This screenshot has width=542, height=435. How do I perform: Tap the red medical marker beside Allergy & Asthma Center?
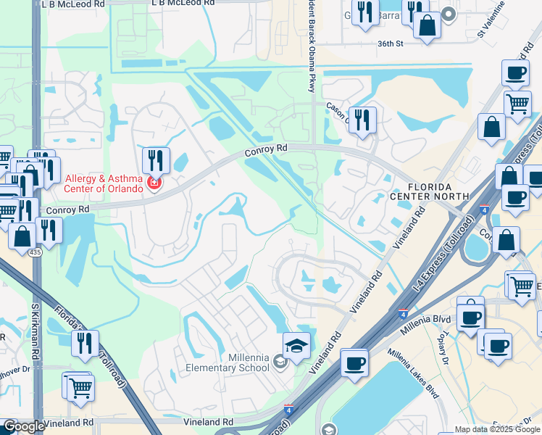click(154, 184)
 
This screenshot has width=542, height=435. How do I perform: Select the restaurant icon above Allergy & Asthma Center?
click(156, 159)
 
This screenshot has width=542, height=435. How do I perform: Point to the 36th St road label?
click(390, 43)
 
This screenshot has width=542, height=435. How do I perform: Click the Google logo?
click(23, 426)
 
